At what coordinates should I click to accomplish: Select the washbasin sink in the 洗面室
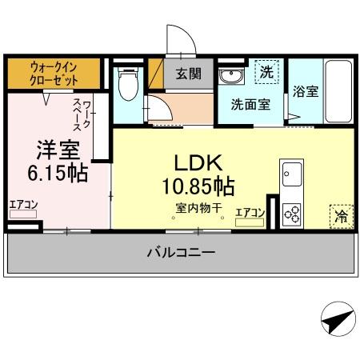pyautogui.click(x=231, y=76)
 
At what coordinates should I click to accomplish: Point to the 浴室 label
pyautogui.click(x=306, y=91)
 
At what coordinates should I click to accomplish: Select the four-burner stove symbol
pyautogui.click(x=292, y=213)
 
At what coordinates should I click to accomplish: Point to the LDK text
pyautogui.click(x=189, y=164)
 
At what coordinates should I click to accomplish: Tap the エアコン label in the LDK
pyautogui.click(x=250, y=212)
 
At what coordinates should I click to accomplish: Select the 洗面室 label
pyautogui.click(x=250, y=103)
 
